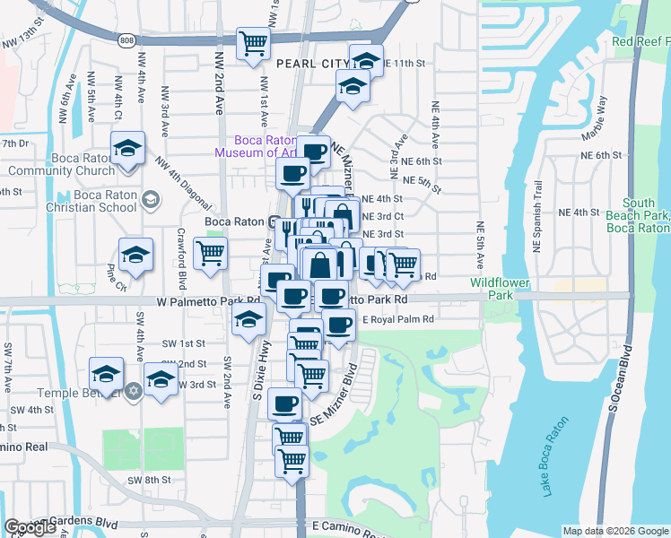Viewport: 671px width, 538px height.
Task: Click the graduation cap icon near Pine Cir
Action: click(x=135, y=255)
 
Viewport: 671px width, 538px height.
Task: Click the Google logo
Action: click(x=30, y=527)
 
